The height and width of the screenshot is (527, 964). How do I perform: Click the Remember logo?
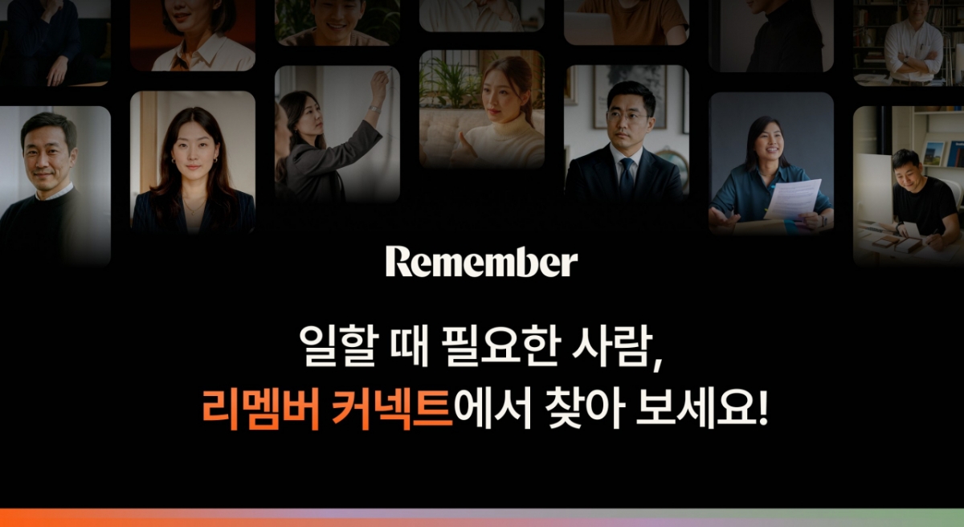pyautogui.click(x=481, y=262)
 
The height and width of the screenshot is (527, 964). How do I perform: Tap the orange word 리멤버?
pyautogui.click(x=261, y=409)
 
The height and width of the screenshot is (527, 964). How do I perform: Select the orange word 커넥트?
pyautogui.click(x=393, y=409)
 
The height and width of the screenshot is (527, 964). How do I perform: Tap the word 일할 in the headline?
pyautogui.click(x=339, y=347)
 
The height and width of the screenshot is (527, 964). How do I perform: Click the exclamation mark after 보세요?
pyautogui.click(x=763, y=407)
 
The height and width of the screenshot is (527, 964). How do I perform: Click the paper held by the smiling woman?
pyautogui.click(x=793, y=198)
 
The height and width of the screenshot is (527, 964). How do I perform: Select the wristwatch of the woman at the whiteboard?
pyautogui.click(x=375, y=108)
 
